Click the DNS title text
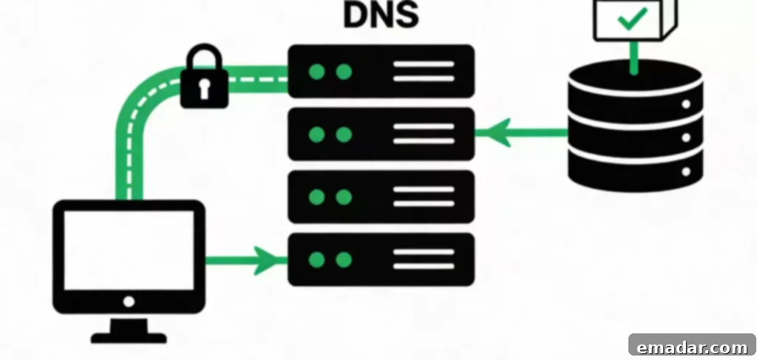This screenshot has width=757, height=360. click(381, 15)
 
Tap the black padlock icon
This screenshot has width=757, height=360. click(204, 76)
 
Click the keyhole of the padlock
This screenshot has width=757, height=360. click(204, 88)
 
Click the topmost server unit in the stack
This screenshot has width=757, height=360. click(381, 72)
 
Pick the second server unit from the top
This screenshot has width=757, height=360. click(381, 134)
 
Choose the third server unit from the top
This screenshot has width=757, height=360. click(381, 197)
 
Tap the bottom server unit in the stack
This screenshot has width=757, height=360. click(381, 259)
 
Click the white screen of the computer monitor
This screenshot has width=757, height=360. click(129, 250)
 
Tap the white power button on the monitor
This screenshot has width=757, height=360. click(129, 302)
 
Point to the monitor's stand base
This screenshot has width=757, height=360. click(129, 338)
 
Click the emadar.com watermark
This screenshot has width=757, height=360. click(692, 347)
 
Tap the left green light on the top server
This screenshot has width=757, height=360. click(316, 72)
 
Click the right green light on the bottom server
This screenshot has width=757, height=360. click(344, 260)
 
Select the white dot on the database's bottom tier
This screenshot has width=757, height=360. click(686, 171)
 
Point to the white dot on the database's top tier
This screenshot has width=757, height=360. click(686, 103)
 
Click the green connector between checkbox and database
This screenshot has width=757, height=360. click(634, 58)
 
